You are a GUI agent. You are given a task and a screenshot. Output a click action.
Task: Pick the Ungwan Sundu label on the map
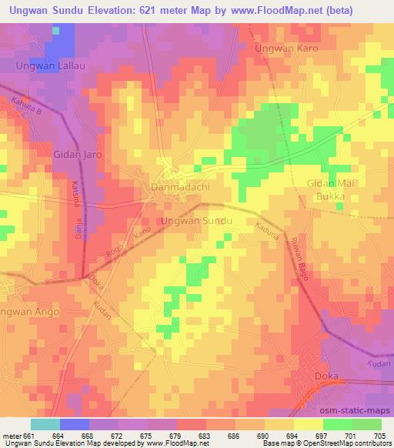pyautogui.click(x=196, y=222)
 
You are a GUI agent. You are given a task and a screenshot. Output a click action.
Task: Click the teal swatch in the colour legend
pyautogui.click(x=45, y=424)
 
